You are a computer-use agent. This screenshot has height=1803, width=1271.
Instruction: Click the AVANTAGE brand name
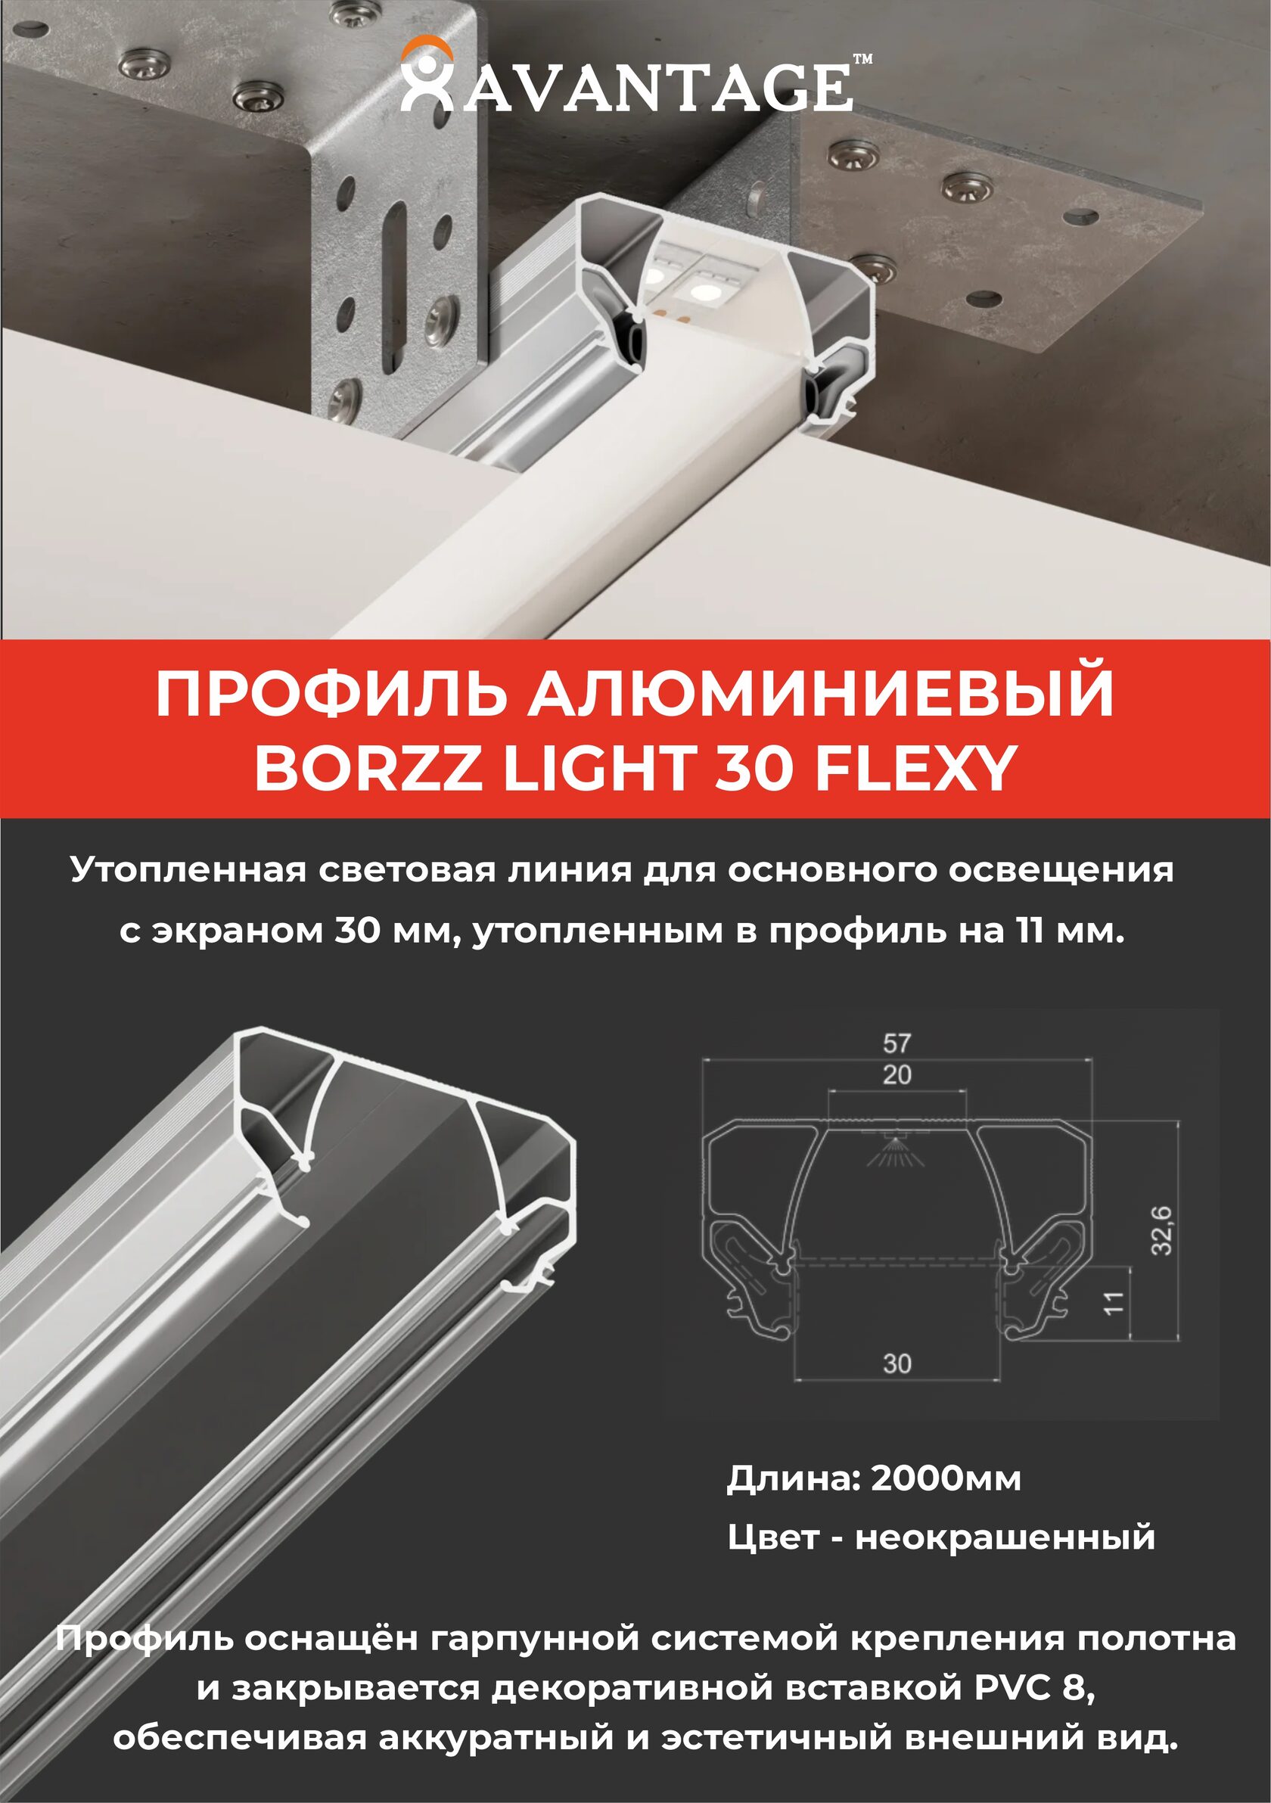(657, 86)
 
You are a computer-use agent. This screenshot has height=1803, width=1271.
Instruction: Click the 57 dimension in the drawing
(897, 1043)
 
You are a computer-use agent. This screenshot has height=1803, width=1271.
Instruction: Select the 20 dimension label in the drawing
(897, 1075)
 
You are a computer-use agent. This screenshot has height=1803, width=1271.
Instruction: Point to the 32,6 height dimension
(1162, 1229)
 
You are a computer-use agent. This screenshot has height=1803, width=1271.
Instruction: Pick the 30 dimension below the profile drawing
(897, 1364)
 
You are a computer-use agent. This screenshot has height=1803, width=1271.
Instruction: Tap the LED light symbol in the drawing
(893, 1149)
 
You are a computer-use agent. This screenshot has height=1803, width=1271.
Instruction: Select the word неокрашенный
(1005, 1537)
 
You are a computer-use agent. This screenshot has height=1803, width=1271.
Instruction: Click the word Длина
(794, 1480)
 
